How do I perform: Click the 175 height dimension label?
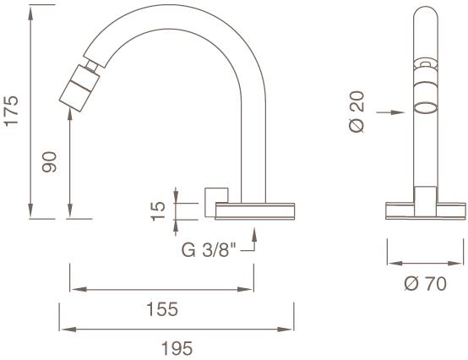(11, 111)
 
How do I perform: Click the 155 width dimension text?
(161, 309)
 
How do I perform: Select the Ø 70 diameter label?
(424, 284)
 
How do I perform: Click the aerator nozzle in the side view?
(77, 88)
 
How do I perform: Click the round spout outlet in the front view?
(425, 108)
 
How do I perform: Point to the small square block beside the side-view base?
(215, 196)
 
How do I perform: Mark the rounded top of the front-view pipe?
(425, 12)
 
